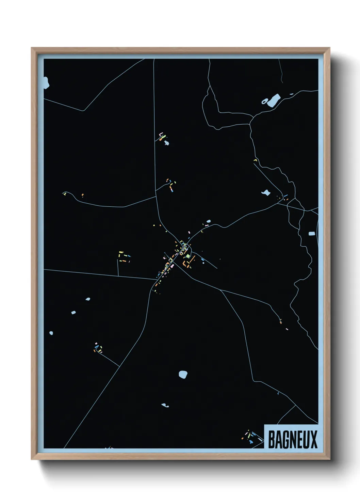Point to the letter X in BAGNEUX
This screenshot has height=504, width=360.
click(313, 439)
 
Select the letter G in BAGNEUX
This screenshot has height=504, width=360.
click(285, 439)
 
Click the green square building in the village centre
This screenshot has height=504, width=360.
click(188, 256)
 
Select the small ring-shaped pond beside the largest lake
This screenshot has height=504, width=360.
click(264, 101)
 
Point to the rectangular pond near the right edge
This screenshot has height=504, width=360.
click(312, 234)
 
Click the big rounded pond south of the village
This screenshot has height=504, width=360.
click(183, 374)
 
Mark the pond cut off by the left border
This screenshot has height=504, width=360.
click(46, 82)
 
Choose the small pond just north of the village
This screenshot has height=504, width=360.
click(208, 221)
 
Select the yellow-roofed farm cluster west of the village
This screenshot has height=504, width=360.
click(123, 256)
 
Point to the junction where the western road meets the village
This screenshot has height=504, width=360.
click(156, 280)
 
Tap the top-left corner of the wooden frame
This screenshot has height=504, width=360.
click(32, 48)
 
